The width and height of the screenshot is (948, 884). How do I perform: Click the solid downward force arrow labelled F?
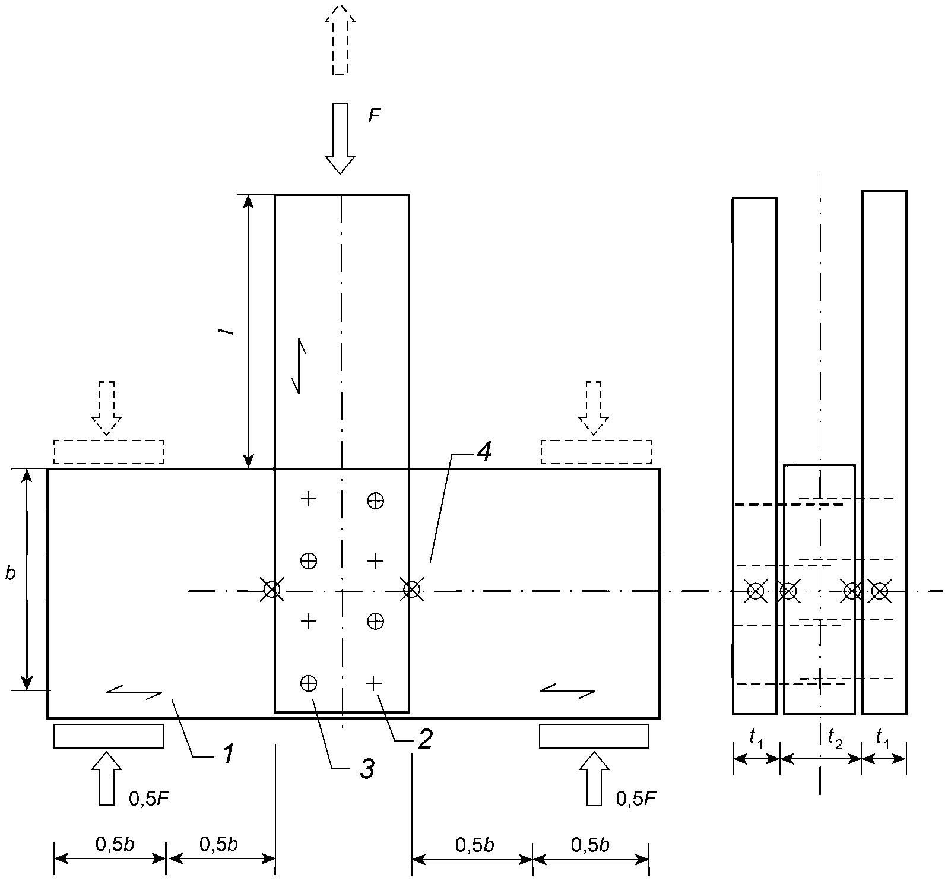click(340, 138)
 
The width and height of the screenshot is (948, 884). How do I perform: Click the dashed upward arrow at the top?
click(340, 39)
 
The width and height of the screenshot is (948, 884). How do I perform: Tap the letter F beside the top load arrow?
click(374, 115)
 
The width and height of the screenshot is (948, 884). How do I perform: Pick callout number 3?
click(367, 769)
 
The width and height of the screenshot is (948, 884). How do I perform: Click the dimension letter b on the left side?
click(11, 574)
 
